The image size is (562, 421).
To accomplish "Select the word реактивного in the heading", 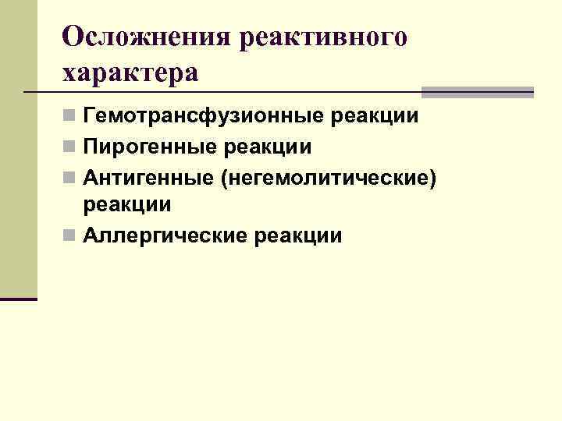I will pyautogui.click(x=324, y=37).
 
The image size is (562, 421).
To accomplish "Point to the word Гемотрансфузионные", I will pyautogui.click(x=205, y=117).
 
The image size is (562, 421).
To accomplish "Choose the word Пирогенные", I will pyautogui.click(x=149, y=147).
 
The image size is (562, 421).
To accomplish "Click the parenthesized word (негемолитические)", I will pyautogui.click(x=327, y=177).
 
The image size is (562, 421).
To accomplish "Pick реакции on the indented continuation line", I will pyautogui.click(x=127, y=205).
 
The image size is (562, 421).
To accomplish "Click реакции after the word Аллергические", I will pyautogui.click(x=299, y=235).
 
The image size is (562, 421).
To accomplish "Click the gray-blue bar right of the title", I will pyautogui.click(x=477, y=92).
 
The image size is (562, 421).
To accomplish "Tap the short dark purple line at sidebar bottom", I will pyautogui.click(x=19, y=299).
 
